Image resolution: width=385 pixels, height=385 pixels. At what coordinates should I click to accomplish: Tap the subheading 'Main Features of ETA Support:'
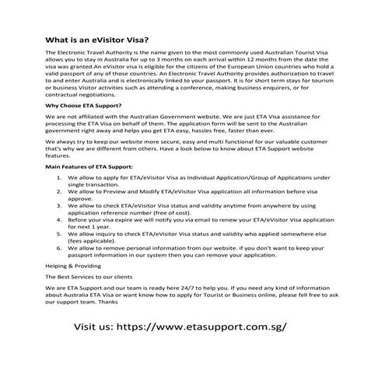[89, 166]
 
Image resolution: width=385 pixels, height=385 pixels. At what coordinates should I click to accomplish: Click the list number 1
[61, 177]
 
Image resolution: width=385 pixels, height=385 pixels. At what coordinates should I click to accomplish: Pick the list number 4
[61, 219]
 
